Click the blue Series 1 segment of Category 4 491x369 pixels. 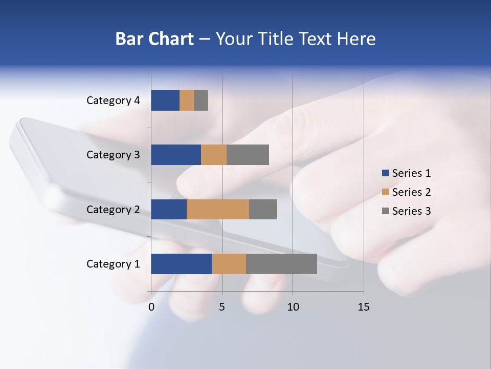coord(165,100)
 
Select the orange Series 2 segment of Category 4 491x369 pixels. coord(187,100)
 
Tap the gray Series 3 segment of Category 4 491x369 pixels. coord(201,100)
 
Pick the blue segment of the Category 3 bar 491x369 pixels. coord(176,155)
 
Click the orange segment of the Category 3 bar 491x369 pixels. coord(214,155)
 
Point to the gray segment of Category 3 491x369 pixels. coord(248,155)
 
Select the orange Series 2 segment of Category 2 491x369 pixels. coord(218,209)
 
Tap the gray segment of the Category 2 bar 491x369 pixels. coord(263,209)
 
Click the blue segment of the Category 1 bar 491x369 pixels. coord(182,264)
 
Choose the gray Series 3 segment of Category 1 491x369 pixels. coord(281,264)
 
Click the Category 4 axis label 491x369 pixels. coord(113,100)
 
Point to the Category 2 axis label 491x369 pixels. coord(113,210)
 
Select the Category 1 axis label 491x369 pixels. coord(113,264)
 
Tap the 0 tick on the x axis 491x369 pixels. coord(151,307)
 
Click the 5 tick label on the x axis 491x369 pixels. coord(222,307)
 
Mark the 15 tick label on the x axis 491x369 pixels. coord(363,307)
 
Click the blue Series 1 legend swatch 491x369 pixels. coord(386,173)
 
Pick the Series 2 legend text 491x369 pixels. coord(411,192)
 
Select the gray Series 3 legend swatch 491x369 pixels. coord(386,211)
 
